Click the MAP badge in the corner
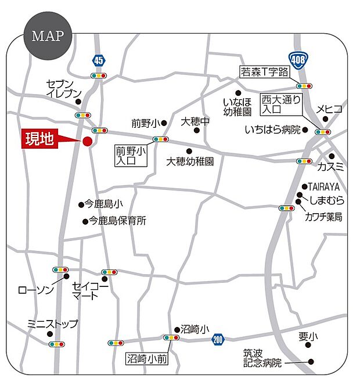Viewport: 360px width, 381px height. tap(48, 36)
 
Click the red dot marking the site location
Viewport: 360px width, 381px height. tap(87, 141)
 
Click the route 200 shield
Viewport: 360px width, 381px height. tap(218, 339)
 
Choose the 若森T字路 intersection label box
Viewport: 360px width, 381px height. tap(264, 72)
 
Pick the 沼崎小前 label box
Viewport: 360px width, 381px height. tap(147, 359)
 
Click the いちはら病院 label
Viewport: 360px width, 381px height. tap(272, 130)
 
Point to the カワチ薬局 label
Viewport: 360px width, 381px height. tap(323, 217)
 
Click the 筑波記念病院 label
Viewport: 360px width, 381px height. tap(262, 358)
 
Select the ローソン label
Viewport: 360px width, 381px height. tap(36, 289)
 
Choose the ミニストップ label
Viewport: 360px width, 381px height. tap(52, 324)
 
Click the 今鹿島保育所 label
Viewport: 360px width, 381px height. tap(117, 221)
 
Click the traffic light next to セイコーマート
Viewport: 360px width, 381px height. tap(109, 272)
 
